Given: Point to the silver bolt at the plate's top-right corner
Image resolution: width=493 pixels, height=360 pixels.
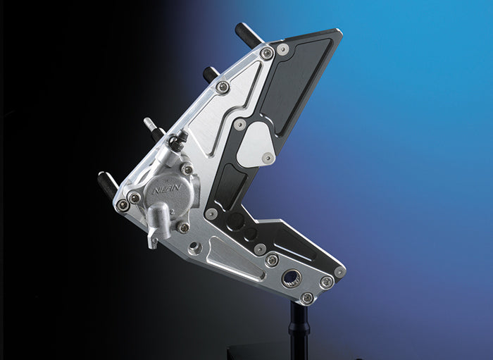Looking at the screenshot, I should click(282, 49).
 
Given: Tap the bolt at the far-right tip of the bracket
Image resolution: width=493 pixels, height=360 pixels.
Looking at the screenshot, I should click(339, 271).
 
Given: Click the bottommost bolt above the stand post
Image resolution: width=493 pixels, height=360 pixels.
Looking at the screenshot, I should click(307, 297).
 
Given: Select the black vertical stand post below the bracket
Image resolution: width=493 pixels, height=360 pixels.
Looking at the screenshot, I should click(299, 331).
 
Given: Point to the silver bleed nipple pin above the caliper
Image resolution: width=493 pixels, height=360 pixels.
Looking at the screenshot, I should click(152, 128).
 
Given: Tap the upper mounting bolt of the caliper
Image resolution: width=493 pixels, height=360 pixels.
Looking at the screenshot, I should click(187, 169).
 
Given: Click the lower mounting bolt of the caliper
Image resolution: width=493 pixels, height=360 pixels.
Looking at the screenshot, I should click(183, 227).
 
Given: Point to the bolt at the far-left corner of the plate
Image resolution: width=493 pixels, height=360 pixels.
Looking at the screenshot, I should click(123, 204).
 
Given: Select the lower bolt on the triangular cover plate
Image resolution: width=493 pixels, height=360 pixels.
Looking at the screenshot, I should click(268, 159).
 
